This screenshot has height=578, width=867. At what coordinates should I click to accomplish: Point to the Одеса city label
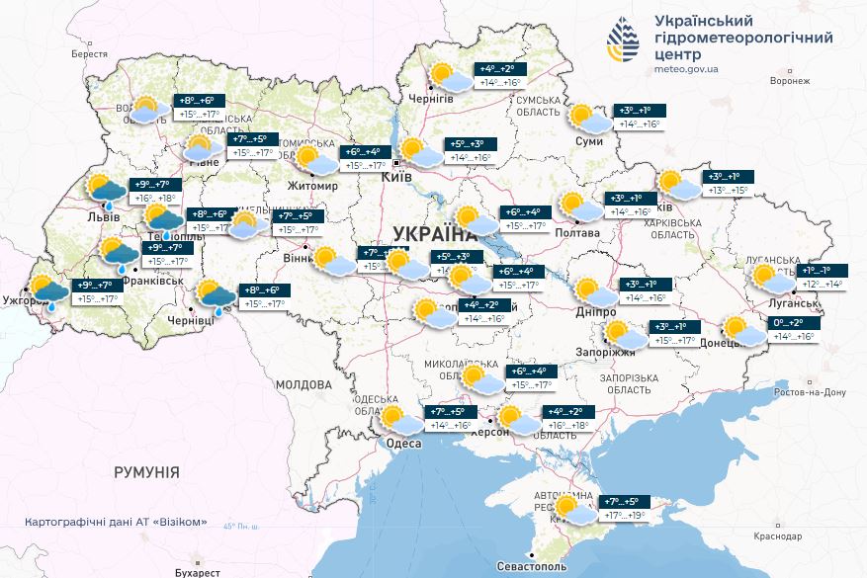[403, 444]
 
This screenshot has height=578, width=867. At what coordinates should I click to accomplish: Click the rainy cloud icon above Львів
[104, 190]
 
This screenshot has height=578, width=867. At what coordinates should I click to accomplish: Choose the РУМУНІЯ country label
[146, 472]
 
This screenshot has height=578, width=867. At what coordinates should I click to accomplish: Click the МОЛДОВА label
[303, 384]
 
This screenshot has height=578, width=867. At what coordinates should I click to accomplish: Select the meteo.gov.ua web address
[686, 70]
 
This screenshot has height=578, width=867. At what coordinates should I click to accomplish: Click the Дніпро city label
[596, 312]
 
